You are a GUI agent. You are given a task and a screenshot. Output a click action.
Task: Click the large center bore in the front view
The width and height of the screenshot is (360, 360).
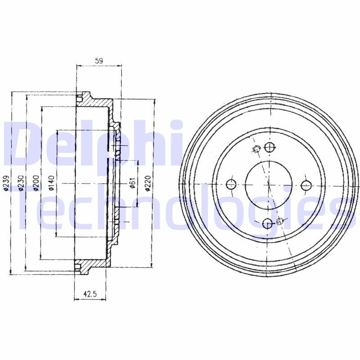pos(268,184)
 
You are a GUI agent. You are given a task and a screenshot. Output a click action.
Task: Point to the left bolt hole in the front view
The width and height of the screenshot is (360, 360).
pos(231,184)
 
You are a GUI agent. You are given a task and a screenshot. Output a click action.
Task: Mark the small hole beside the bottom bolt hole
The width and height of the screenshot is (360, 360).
pos(281,220)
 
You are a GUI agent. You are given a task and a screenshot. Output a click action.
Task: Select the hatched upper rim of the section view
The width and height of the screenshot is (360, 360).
pos(94,102)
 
